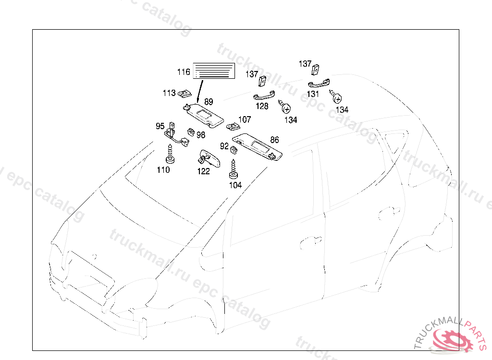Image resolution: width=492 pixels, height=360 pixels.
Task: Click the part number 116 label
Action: tap(184, 72)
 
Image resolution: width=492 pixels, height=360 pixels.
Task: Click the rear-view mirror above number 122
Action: tap(209, 157)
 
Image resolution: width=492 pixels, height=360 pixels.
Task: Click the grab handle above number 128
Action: tap(264, 96)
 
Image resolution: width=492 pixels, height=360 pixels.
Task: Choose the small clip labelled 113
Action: tap(184, 93)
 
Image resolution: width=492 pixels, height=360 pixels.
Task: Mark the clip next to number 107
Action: tap(233, 126)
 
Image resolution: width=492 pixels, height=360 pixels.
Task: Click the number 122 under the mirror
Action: tap(204, 171)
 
